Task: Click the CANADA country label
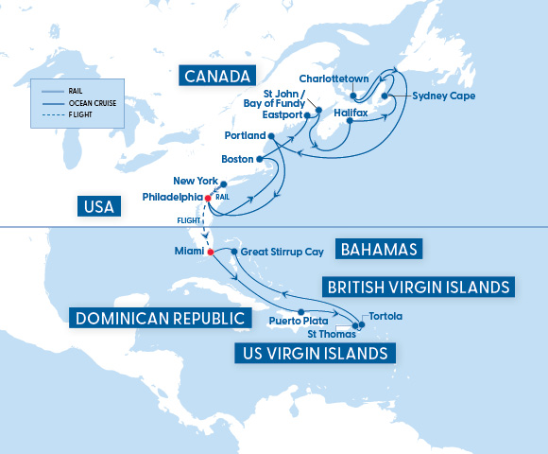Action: (x=217, y=76)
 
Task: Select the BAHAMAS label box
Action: (x=381, y=249)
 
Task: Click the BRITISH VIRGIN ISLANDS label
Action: (x=417, y=286)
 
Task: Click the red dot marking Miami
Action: (x=211, y=252)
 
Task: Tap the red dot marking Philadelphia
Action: (x=208, y=198)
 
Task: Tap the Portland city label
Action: (x=245, y=136)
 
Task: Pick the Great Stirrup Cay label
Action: (x=280, y=253)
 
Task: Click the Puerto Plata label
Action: (x=298, y=321)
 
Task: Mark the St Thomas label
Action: (x=332, y=334)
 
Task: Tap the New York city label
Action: (x=196, y=181)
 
